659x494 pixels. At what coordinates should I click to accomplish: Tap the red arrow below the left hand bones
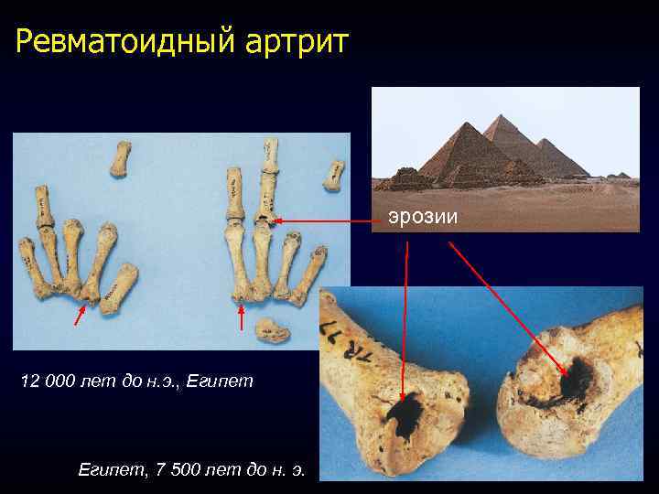click(x=81, y=317)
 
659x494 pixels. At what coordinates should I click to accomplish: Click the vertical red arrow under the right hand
click(x=241, y=317)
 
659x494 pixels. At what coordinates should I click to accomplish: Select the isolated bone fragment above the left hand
click(x=121, y=160)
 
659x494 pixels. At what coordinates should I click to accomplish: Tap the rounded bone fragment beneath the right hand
click(x=272, y=328)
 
